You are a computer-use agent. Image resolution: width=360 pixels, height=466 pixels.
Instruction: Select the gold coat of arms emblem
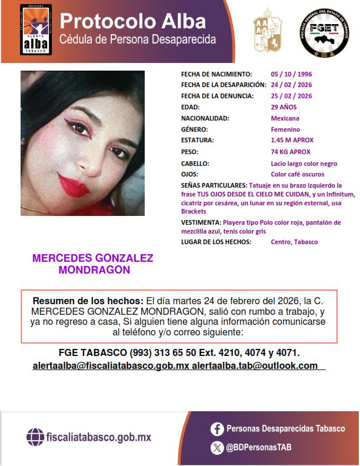pyautogui.click(x=268, y=34)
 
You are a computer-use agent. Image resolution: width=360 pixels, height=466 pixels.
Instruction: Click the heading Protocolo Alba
pyautogui.click(x=133, y=21)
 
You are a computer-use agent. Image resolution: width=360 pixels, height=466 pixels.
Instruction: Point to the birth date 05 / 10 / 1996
pyautogui.click(x=291, y=74)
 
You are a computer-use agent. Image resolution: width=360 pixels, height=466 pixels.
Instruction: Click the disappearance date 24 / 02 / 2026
pyautogui.click(x=291, y=85)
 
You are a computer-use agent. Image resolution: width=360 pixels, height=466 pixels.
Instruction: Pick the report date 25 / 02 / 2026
pyautogui.click(x=291, y=96)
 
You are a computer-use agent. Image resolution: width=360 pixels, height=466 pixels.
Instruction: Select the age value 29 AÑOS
pyautogui.click(x=284, y=107)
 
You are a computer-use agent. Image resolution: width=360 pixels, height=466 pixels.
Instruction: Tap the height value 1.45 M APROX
pyautogui.click(x=292, y=140)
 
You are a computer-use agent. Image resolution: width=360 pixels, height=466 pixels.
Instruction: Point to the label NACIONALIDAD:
pyautogui.click(x=205, y=118)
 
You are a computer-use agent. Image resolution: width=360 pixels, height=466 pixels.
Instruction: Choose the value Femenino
pyautogui.click(x=285, y=129)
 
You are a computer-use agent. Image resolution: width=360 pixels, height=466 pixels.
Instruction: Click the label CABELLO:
pyautogui.click(x=195, y=163)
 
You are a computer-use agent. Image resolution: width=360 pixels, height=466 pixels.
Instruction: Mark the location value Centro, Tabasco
pyautogui.click(x=294, y=242)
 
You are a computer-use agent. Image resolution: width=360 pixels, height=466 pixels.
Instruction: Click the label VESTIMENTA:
pyautogui.click(x=201, y=222)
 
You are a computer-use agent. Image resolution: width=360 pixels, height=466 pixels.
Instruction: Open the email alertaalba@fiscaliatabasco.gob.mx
pyautogui.click(x=111, y=365)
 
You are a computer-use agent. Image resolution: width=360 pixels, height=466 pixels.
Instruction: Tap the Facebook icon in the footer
pyautogui.click(x=217, y=429)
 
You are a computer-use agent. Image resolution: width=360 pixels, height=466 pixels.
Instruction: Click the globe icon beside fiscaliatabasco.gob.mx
pyautogui.click(x=35, y=437)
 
